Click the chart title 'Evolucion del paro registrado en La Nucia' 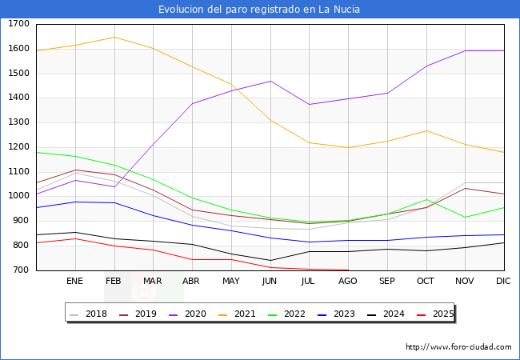click(259, 10)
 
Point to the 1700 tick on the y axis click(18, 24)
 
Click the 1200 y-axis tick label click(18, 147)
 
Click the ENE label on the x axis click(74, 281)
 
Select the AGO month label click(348, 281)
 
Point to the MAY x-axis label click(230, 281)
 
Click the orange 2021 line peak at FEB click(114, 37)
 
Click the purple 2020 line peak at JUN click(270, 81)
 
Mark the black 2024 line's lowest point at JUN click(270, 260)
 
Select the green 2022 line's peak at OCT click(426, 200)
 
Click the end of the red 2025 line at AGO click(348, 270)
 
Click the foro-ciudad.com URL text click(458, 347)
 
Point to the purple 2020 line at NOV click(465, 51)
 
